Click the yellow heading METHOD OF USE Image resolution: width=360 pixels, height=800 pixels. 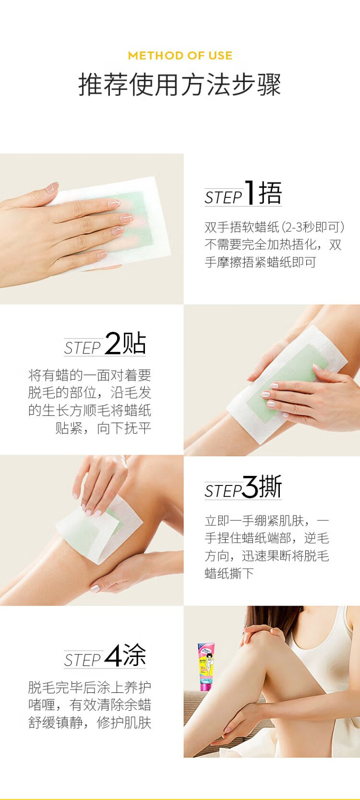pyautogui.click(x=180, y=55)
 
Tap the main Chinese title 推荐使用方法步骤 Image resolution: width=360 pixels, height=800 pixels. pyautogui.click(x=180, y=85)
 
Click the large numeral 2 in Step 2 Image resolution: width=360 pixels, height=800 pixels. pyautogui.click(x=113, y=343)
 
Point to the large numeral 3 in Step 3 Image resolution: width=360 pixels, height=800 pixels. pyautogui.click(x=251, y=486)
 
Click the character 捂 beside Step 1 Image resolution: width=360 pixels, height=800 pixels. pyautogui.click(x=270, y=193)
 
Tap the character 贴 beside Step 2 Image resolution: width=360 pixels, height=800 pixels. pyautogui.click(x=134, y=343)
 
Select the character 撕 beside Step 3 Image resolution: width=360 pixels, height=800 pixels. pyautogui.click(x=270, y=486)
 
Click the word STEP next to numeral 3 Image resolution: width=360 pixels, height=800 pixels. pyautogui.click(x=223, y=491)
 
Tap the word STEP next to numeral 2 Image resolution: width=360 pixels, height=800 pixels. pyautogui.click(x=83, y=348)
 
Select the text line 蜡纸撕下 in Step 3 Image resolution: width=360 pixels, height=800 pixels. pyautogui.click(x=229, y=573)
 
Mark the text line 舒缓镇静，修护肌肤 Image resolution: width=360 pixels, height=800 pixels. pyautogui.click(x=90, y=723)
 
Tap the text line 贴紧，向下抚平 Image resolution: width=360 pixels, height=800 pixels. pyautogui.click(x=103, y=427)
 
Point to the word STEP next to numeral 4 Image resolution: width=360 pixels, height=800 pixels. pyautogui.click(x=83, y=660)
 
